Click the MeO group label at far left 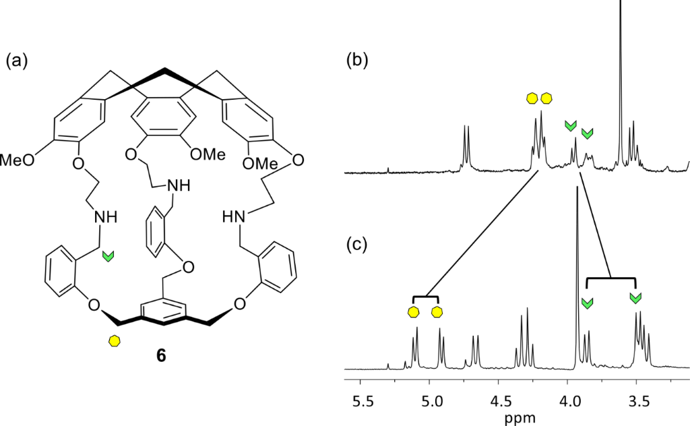(x=15, y=160)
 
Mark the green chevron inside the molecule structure (x=108, y=255)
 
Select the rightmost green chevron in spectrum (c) (x=635, y=298)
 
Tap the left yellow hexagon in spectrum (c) (x=412, y=311)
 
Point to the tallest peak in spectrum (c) (x=577, y=192)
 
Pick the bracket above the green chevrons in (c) (x=611, y=278)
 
